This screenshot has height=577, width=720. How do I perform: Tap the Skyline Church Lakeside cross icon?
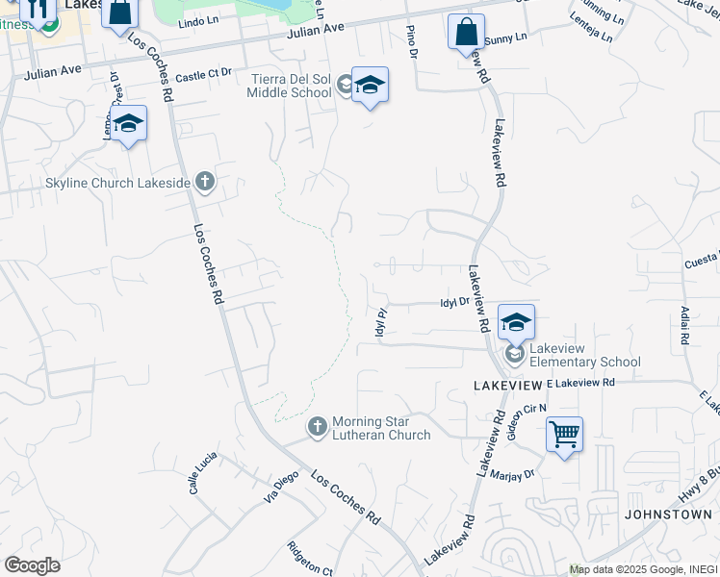(204, 180)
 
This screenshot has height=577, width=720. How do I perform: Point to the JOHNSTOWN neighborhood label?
(668, 514)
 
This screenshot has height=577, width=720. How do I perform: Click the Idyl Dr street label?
(453, 302)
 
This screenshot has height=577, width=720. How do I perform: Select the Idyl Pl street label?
(380, 322)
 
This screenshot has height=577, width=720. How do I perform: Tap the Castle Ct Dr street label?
(204, 73)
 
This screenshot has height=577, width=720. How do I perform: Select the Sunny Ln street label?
(507, 38)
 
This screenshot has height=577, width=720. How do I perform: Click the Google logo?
(32, 564)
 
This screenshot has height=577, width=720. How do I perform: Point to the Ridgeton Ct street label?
(309, 560)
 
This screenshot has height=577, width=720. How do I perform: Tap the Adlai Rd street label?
(684, 327)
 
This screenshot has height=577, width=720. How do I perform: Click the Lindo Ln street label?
(199, 20)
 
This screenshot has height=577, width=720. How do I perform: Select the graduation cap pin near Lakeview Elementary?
(516, 321)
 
